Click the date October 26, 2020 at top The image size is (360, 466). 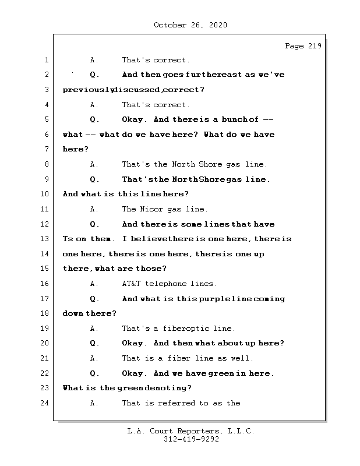click(190, 25)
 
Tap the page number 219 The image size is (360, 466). click(314, 46)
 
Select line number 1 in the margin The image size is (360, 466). click(47, 60)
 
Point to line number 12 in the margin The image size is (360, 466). click(45, 224)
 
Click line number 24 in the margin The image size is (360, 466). click(45, 403)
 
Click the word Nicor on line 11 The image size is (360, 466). click(151, 209)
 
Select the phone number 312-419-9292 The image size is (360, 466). click(191, 440)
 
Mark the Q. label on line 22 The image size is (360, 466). click(95, 373)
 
